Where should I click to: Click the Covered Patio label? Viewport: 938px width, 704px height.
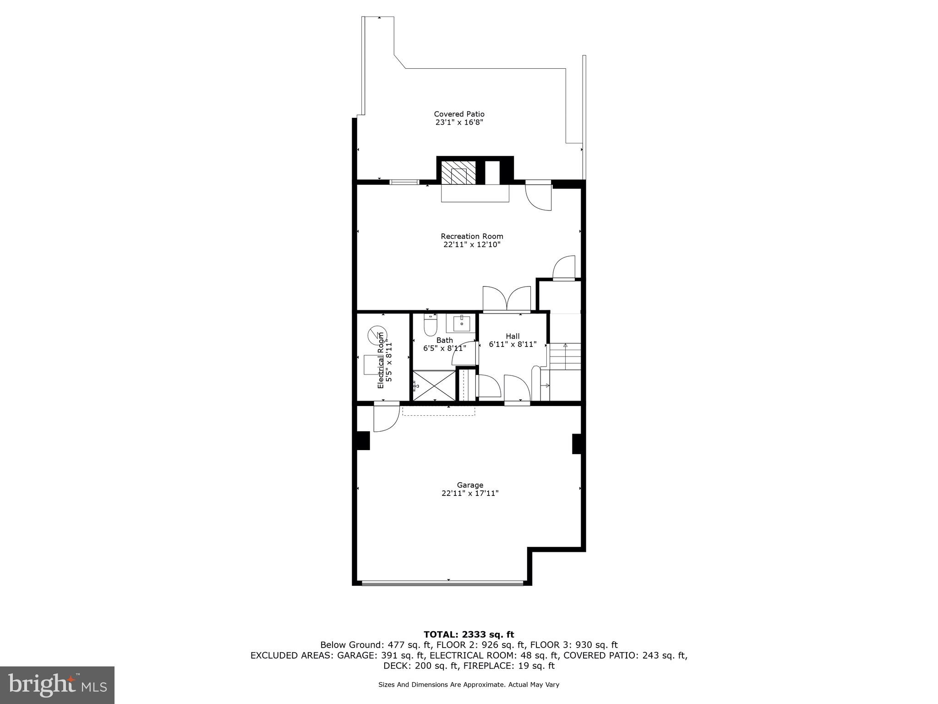pyautogui.click(x=459, y=114)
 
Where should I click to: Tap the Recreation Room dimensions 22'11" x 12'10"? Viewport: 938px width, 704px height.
pyautogui.click(x=472, y=245)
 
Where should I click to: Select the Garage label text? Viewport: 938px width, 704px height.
pyautogui.click(x=470, y=485)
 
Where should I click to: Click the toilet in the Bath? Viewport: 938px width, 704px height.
pyautogui.click(x=431, y=326)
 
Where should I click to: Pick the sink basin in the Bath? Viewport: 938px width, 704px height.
pyautogui.click(x=462, y=323)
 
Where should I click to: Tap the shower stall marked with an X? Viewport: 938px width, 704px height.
pyautogui.click(x=434, y=385)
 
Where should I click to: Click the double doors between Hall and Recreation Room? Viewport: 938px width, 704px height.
pyautogui.click(x=507, y=300)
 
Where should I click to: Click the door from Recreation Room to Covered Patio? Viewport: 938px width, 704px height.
pyautogui.click(x=539, y=196)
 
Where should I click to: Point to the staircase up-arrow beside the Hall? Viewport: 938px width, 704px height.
pyautogui.click(x=565, y=345)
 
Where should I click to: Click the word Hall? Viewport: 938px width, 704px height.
pyautogui.click(x=513, y=336)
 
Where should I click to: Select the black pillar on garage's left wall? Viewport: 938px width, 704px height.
pyautogui.click(x=363, y=440)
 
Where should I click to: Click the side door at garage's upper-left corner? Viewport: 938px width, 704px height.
pyautogui.click(x=386, y=417)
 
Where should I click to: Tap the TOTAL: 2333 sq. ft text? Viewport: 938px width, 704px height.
pyautogui.click(x=469, y=634)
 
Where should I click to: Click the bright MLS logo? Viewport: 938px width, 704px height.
pyautogui.click(x=57, y=685)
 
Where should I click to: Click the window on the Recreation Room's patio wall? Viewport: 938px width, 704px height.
pyautogui.click(x=404, y=182)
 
